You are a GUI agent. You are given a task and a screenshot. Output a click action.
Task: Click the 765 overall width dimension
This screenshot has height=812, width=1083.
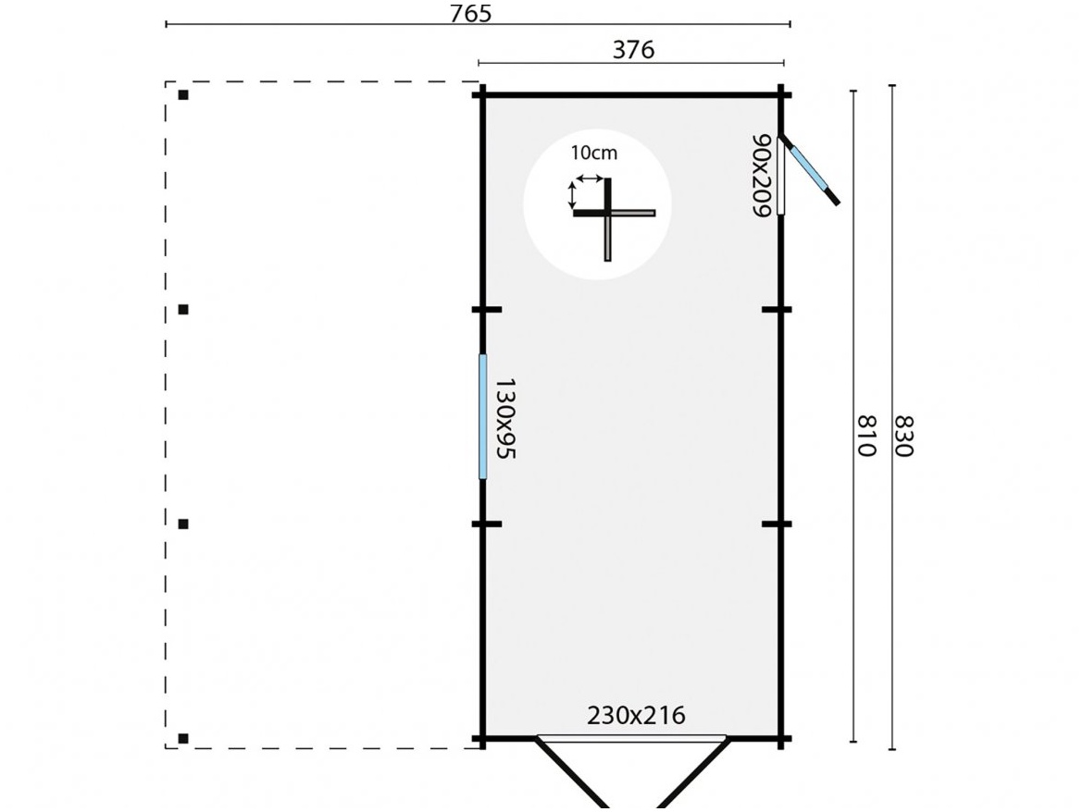pyautogui.click(x=470, y=13)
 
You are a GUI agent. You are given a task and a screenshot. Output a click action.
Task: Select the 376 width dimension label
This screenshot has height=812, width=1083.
pyautogui.click(x=633, y=50)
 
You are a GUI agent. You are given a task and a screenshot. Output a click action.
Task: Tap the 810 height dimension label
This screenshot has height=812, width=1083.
pyautogui.click(x=865, y=435)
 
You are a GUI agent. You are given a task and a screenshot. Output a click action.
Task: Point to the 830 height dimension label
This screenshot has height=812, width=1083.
pyautogui.click(x=903, y=435)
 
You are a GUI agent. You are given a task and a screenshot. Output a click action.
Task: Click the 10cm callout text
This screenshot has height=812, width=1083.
pyautogui.click(x=593, y=153)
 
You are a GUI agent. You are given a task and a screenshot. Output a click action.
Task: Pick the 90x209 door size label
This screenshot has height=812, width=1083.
pyautogui.click(x=761, y=176)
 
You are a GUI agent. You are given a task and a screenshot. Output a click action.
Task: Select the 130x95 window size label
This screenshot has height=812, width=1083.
pyautogui.click(x=504, y=417)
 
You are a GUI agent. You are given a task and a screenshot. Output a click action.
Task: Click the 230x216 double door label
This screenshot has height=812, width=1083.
pyautogui.click(x=636, y=715)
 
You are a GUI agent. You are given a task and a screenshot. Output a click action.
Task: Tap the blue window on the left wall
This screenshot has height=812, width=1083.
pyautogui.click(x=482, y=416)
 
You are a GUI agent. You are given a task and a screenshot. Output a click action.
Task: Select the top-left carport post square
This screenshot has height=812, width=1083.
pyautogui.click(x=183, y=94)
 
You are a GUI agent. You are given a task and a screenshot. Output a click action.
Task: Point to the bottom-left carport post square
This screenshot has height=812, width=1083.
pyautogui.click(x=183, y=738)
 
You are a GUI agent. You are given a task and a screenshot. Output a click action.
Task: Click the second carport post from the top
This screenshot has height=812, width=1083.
pyautogui.click(x=183, y=309)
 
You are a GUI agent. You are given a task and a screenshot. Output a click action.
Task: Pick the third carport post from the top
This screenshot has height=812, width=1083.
pyautogui.click(x=183, y=523)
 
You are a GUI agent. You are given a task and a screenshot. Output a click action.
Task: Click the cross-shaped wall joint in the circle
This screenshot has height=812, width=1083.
pyautogui.click(x=608, y=214)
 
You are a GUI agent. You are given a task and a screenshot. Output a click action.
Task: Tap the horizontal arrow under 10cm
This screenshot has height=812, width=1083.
pyautogui.click(x=588, y=178)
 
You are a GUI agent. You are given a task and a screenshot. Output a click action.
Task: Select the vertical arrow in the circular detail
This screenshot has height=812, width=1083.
pyautogui.click(x=571, y=195)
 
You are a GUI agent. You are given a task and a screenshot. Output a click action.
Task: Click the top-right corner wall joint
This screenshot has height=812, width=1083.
pyautogui.click(x=782, y=94)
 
